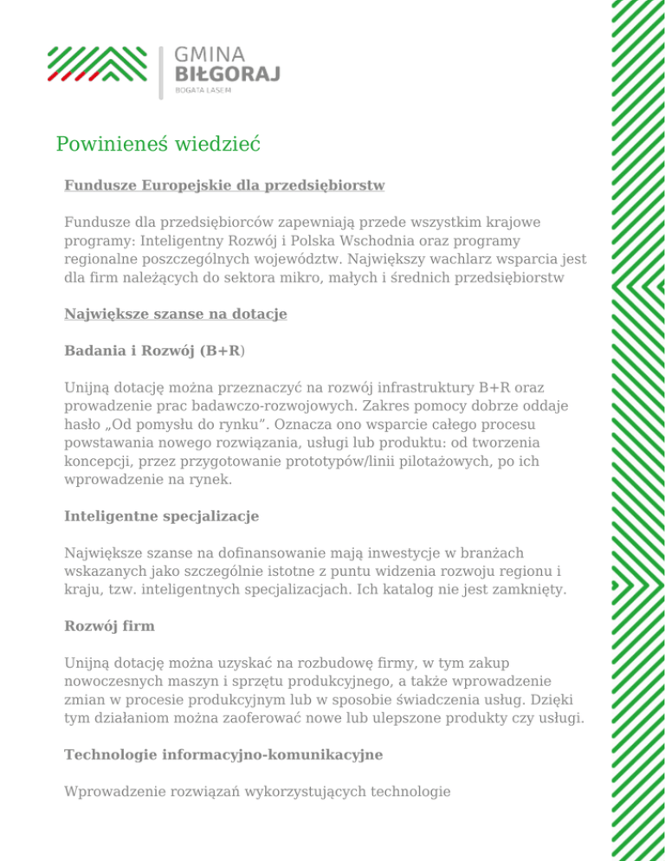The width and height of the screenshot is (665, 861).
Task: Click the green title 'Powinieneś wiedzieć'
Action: click(x=158, y=143)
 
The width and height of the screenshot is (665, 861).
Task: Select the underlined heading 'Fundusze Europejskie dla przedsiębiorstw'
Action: click(x=224, y=185)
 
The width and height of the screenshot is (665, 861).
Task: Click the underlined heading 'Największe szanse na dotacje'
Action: click(x=175, y=316)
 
